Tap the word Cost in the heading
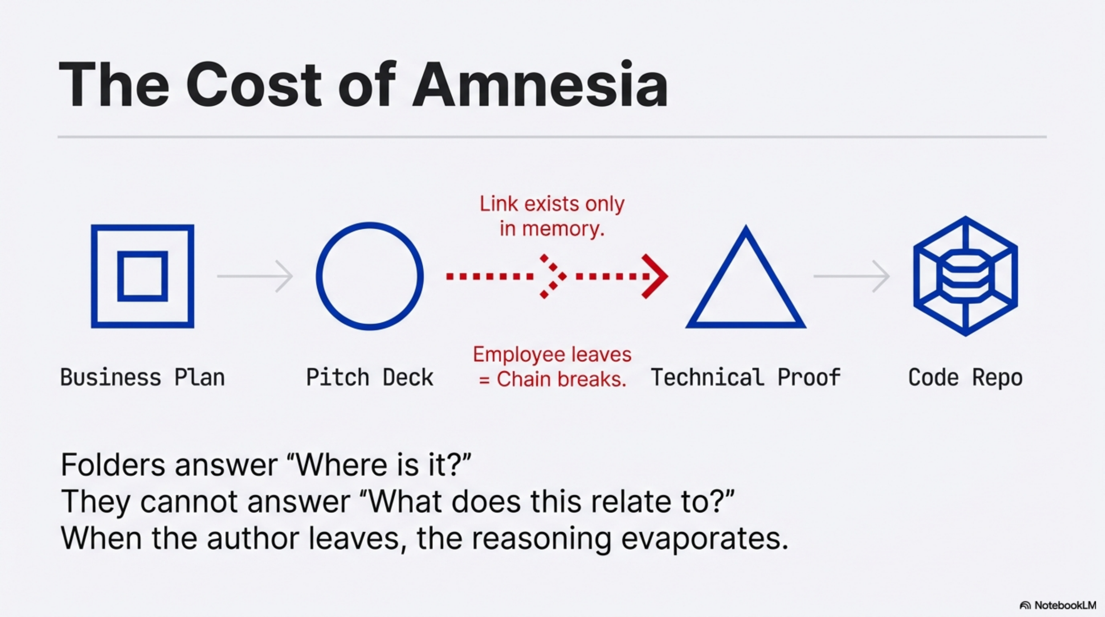tap(253, 84)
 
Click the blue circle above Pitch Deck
tap(370, 276)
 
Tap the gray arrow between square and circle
tap(255, 276)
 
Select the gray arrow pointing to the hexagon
tap(851, 276)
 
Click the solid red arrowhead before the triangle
tap(654, 276)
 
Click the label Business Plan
tap(143, 378)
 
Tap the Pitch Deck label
tap(369, 378)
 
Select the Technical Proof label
tap(745, 378)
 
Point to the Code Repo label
tap(965, 378)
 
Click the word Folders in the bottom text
tap(113, 465)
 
